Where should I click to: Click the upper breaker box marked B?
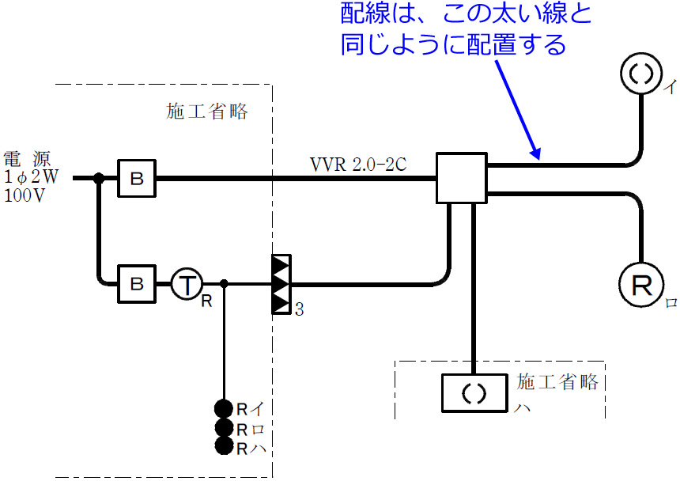point(137,179)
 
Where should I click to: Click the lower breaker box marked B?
point(137,283)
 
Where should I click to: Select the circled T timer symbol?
point(187,283)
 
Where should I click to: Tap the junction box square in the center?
point(461,179)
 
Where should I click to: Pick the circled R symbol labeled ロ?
point(640,283)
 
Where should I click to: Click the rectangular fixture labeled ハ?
point(473,393)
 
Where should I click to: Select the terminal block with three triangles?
point(281,283)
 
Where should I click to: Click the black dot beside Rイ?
point(224,409)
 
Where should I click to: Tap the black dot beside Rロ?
point(224,428)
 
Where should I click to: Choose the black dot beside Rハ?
point(224,447)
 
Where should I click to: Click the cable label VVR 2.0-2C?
point(358,165)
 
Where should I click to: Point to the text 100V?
point(25,196)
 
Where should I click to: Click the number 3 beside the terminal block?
point(299,309)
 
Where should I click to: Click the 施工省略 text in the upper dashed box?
point(207,112)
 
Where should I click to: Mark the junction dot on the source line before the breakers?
point(99,179)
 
